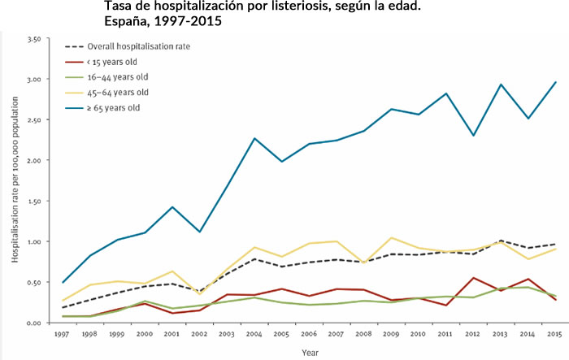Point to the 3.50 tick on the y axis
(34, 39)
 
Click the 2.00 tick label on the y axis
(34, 161)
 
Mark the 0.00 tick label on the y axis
(34, 323)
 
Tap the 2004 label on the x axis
(255, 335)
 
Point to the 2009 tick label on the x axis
(392, 335)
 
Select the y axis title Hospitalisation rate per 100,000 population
(15, 180)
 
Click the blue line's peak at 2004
(255, 138)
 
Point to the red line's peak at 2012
(474, 278)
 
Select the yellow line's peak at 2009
(392, 238)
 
